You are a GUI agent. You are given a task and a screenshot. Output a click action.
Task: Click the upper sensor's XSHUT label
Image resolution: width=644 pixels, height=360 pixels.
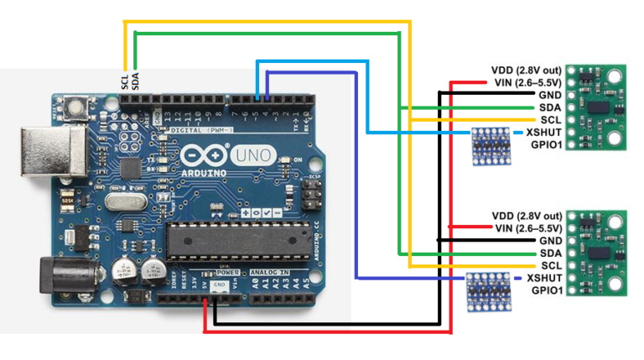point(543,133)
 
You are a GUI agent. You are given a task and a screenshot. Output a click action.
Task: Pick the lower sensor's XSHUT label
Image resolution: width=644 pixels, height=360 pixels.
point(543,278)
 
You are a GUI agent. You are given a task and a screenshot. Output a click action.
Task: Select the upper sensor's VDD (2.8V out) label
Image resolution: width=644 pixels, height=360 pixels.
point(526,70)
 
